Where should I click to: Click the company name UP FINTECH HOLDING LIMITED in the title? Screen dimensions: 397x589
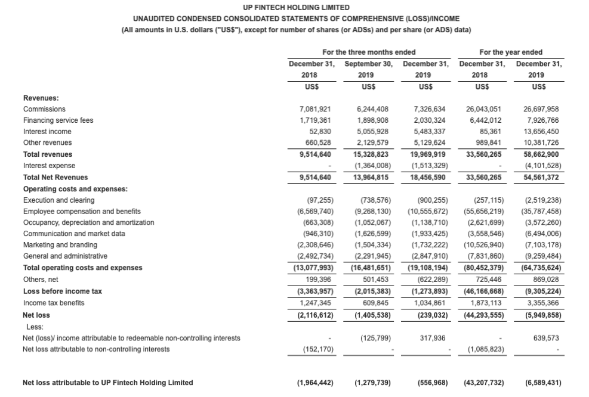[294, 8]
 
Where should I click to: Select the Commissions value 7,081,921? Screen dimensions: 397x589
[315, 109]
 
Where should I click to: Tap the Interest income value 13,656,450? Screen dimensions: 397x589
[544, 131]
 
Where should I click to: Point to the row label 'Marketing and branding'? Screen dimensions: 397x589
[57, 245]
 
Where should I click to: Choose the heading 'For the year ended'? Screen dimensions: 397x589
[511, 52]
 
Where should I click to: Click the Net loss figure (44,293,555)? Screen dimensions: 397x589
[483, 315]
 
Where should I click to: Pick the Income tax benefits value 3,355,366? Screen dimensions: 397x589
[544, 303]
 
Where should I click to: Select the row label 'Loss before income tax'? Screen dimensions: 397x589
[62, 291]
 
